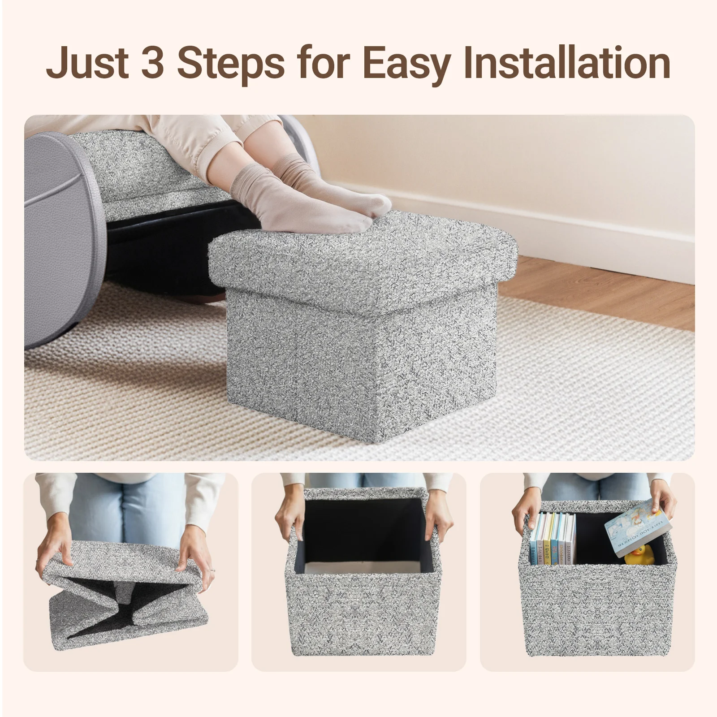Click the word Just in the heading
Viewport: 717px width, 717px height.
tap(86, 63)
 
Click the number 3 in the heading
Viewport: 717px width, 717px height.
tap(151, 63)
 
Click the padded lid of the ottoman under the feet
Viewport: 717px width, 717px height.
tap(358, 255)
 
